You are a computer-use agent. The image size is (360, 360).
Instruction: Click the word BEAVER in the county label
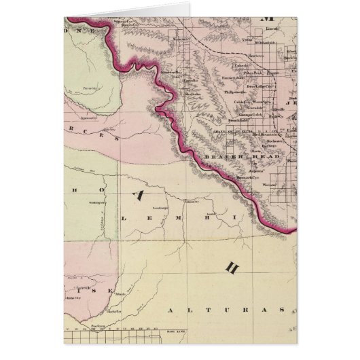click(x=220, y=157)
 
